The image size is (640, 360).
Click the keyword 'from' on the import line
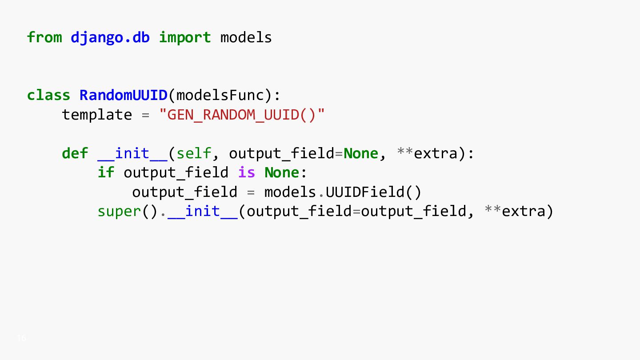44,37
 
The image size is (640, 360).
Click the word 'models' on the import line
246,37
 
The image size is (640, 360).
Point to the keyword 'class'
48,95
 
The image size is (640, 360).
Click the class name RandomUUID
124,95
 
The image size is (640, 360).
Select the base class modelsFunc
220,95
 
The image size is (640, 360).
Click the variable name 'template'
97,115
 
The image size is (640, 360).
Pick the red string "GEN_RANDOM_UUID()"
242,115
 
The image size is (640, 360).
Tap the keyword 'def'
75,153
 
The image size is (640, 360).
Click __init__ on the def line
132,154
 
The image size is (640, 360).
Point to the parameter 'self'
194,153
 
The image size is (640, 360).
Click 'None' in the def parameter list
360,154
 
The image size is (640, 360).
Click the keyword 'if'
106,172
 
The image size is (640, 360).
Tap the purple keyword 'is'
246,172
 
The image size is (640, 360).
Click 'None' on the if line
282,172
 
